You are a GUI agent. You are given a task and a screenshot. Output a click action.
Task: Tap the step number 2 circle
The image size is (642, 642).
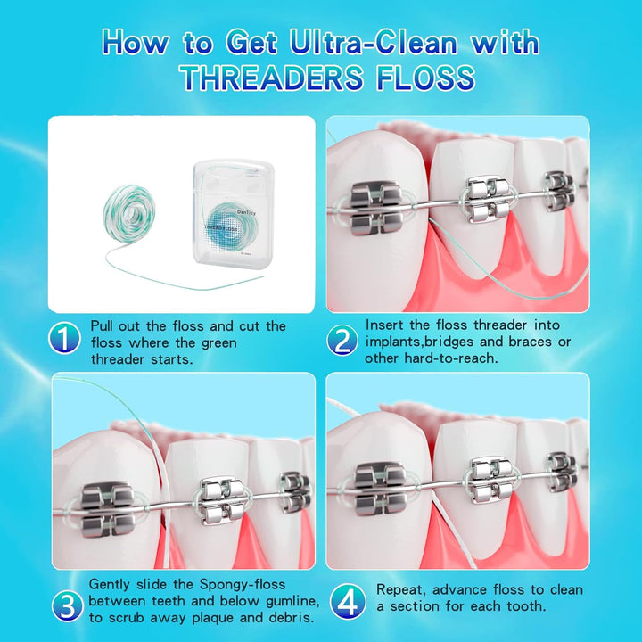click(343, 340)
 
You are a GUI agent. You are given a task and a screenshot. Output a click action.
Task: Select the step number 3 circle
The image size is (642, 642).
click(67, 605)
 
